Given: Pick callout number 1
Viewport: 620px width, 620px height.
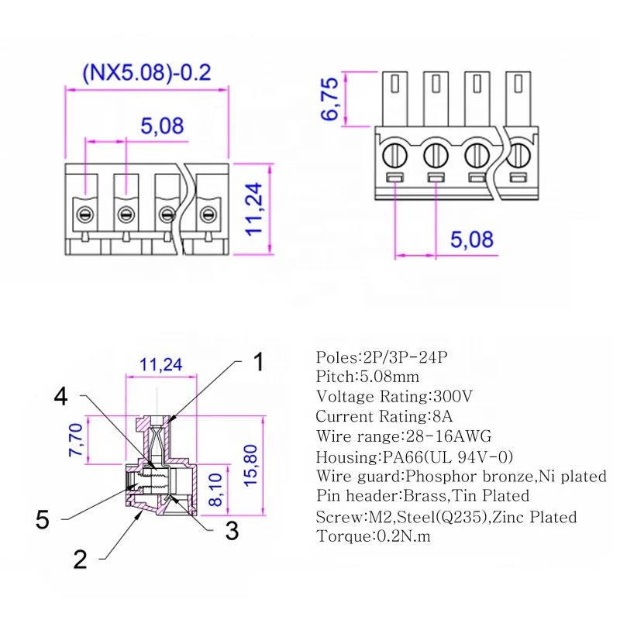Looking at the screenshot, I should pyautogui.click(x=259, y=362).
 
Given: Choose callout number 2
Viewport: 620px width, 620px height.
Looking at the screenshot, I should pyautogui.click(x=80, y=559).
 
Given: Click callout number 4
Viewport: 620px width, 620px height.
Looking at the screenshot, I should pyautogui.click(x=61, y=396).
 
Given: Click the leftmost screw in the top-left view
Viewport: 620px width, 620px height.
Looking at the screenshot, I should pyautogui.click(x=84, y=213).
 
